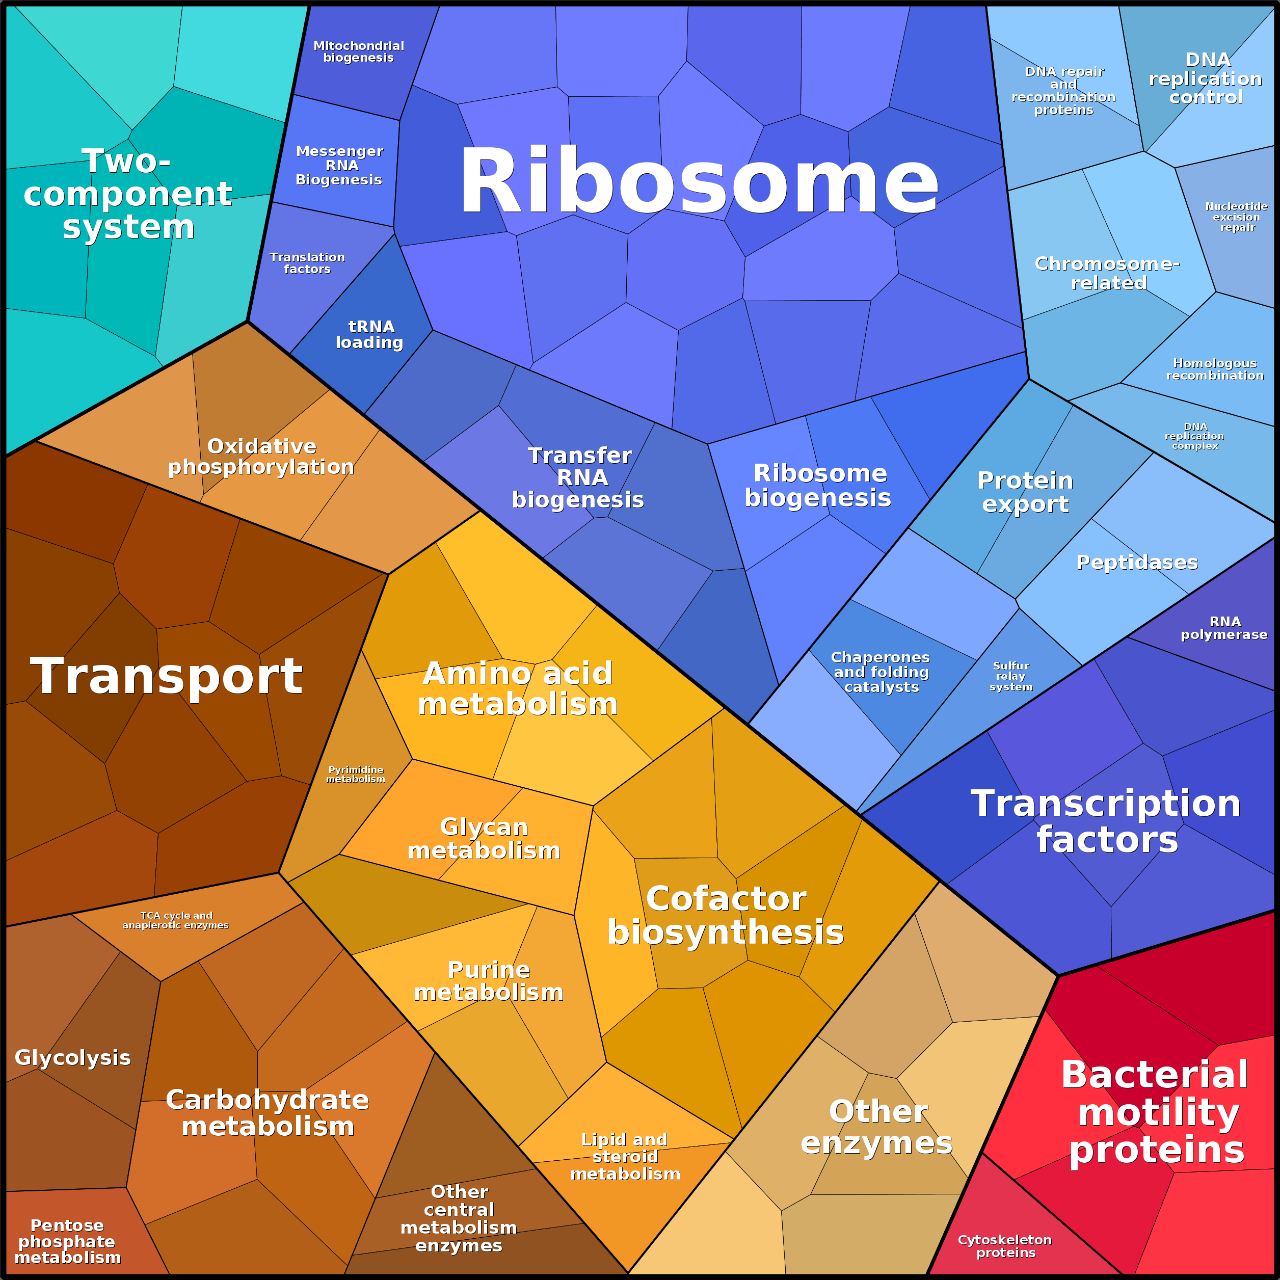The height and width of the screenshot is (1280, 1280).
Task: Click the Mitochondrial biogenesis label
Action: tap(358, 51)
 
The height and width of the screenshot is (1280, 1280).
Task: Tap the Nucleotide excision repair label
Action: tap(1236, 217)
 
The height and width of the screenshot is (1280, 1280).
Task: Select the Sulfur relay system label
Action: tap(1011, 676)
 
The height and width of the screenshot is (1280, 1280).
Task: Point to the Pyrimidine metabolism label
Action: tap(356, 774)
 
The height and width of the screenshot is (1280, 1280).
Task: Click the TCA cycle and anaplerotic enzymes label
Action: tap(176, 920)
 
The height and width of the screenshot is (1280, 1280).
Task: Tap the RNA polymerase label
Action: tap(1224, 628)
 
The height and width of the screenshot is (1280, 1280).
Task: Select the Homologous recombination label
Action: tap(1215, 369)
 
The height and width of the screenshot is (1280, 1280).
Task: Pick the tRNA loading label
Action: tap(370, 335)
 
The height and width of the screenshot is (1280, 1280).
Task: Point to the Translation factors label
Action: tap(307, 263)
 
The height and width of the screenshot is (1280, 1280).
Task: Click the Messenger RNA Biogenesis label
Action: tap(339, 166)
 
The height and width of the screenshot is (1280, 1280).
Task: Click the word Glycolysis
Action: tap(73, 1057)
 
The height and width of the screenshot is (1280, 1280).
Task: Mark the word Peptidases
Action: tap(1137, 562)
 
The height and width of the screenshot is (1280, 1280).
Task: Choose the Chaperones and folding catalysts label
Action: tap(881, 672)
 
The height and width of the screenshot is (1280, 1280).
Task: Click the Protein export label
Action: tap(1025, 492)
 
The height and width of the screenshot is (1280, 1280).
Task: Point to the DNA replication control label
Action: tap(1206, 78)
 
